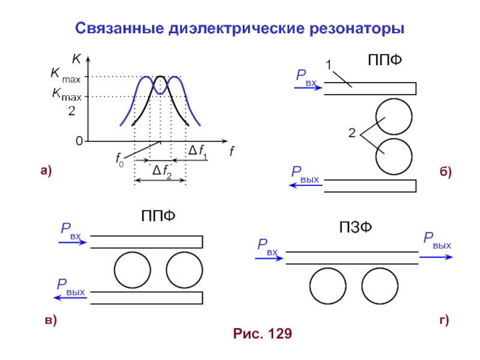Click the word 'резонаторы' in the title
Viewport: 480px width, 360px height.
[x=360, y=28]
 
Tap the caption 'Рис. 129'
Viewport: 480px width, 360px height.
[x=262, y=334]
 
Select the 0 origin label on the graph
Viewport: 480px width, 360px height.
[x=79, y=142]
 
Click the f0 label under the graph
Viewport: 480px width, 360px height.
[x=121, y=160]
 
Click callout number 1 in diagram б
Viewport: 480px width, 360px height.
[x=328, y=64]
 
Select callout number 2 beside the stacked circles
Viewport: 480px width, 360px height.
[x=352, y=133]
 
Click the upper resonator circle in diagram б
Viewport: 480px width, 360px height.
[x=394, y=116]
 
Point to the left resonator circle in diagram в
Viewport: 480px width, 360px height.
[x=132, y=269]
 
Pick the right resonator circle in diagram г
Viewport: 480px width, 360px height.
[x=380, y=286]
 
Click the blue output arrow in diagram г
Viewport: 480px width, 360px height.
[x=436, y=257]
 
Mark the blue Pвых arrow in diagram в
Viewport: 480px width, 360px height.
[x=70, y=297]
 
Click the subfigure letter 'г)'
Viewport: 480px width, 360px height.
[x=445, y=321]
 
